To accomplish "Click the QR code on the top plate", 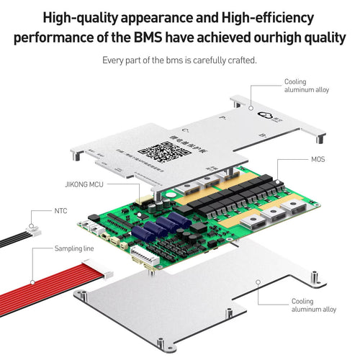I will tap(156, 152).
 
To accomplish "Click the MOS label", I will tap(319, 158).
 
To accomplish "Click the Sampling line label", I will tap(74, 248).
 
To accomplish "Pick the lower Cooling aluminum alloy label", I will tap(314, 305).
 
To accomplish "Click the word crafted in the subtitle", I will tap(241, 60).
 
